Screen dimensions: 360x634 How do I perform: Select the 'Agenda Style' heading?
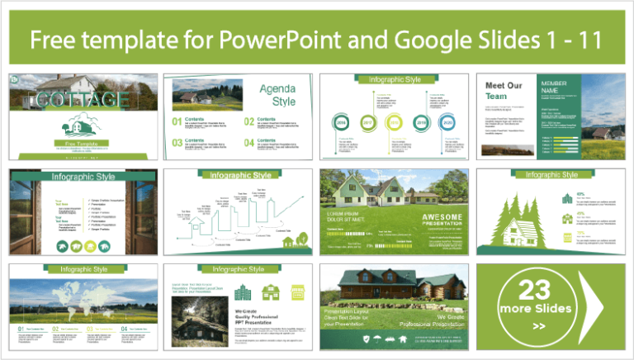click(x=277, y=95)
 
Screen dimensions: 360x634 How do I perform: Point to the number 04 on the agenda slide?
click(x=249, y=143)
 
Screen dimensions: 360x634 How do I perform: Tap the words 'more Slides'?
click(x=535, y=309)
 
